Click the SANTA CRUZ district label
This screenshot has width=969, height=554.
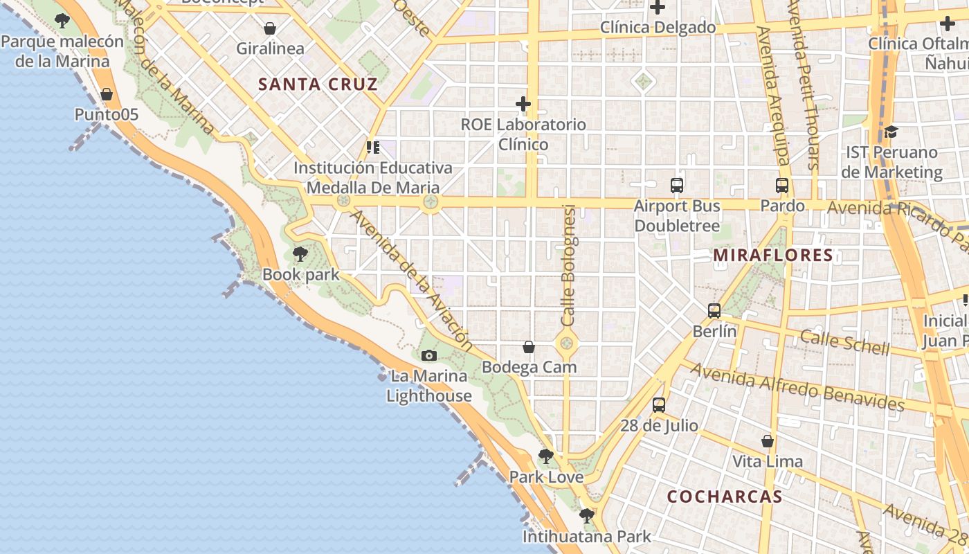318,85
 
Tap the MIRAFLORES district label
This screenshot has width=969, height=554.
773,256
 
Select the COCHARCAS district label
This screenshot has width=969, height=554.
725,497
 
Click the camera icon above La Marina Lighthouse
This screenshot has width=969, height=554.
429,355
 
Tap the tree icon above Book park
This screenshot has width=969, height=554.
300,254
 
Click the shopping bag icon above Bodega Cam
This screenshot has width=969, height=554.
529,346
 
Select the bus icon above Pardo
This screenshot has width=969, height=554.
782,186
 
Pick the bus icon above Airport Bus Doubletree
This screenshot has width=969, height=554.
677,186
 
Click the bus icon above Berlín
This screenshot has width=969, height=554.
714,311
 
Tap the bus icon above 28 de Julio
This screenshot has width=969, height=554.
659,405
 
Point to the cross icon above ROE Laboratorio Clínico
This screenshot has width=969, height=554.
523,105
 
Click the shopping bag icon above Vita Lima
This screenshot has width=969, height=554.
768,441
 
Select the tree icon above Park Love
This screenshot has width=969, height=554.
546,456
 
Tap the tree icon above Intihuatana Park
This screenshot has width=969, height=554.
587,516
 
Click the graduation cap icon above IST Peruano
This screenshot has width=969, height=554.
891,132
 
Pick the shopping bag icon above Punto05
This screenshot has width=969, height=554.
107,94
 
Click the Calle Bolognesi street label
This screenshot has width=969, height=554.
568,266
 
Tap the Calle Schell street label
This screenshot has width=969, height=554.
844,342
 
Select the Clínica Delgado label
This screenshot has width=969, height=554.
658,28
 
